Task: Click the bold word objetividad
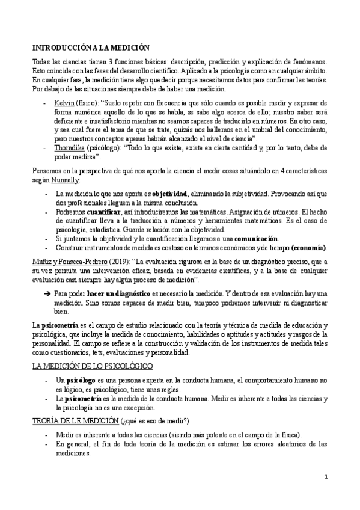[169, 194]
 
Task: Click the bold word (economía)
[308, 248]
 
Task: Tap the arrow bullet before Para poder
[47, 293]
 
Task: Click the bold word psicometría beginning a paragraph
[61, 325]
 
